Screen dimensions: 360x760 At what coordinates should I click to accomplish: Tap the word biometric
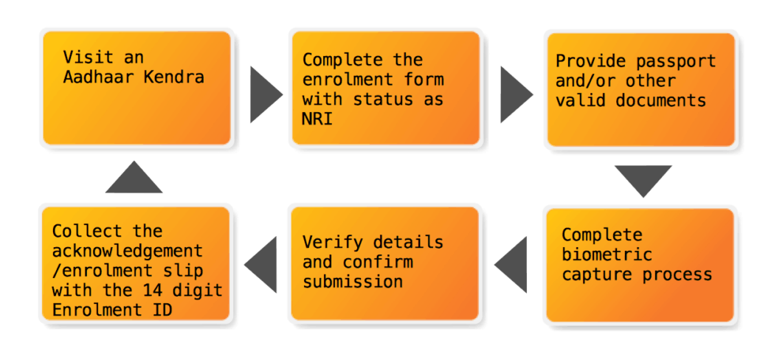607,255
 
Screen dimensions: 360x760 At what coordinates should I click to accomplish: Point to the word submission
353,282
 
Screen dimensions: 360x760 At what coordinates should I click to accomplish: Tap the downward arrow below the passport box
642,179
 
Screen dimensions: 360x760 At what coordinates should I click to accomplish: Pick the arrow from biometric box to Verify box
512,264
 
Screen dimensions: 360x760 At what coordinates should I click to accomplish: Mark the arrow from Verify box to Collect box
261,263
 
